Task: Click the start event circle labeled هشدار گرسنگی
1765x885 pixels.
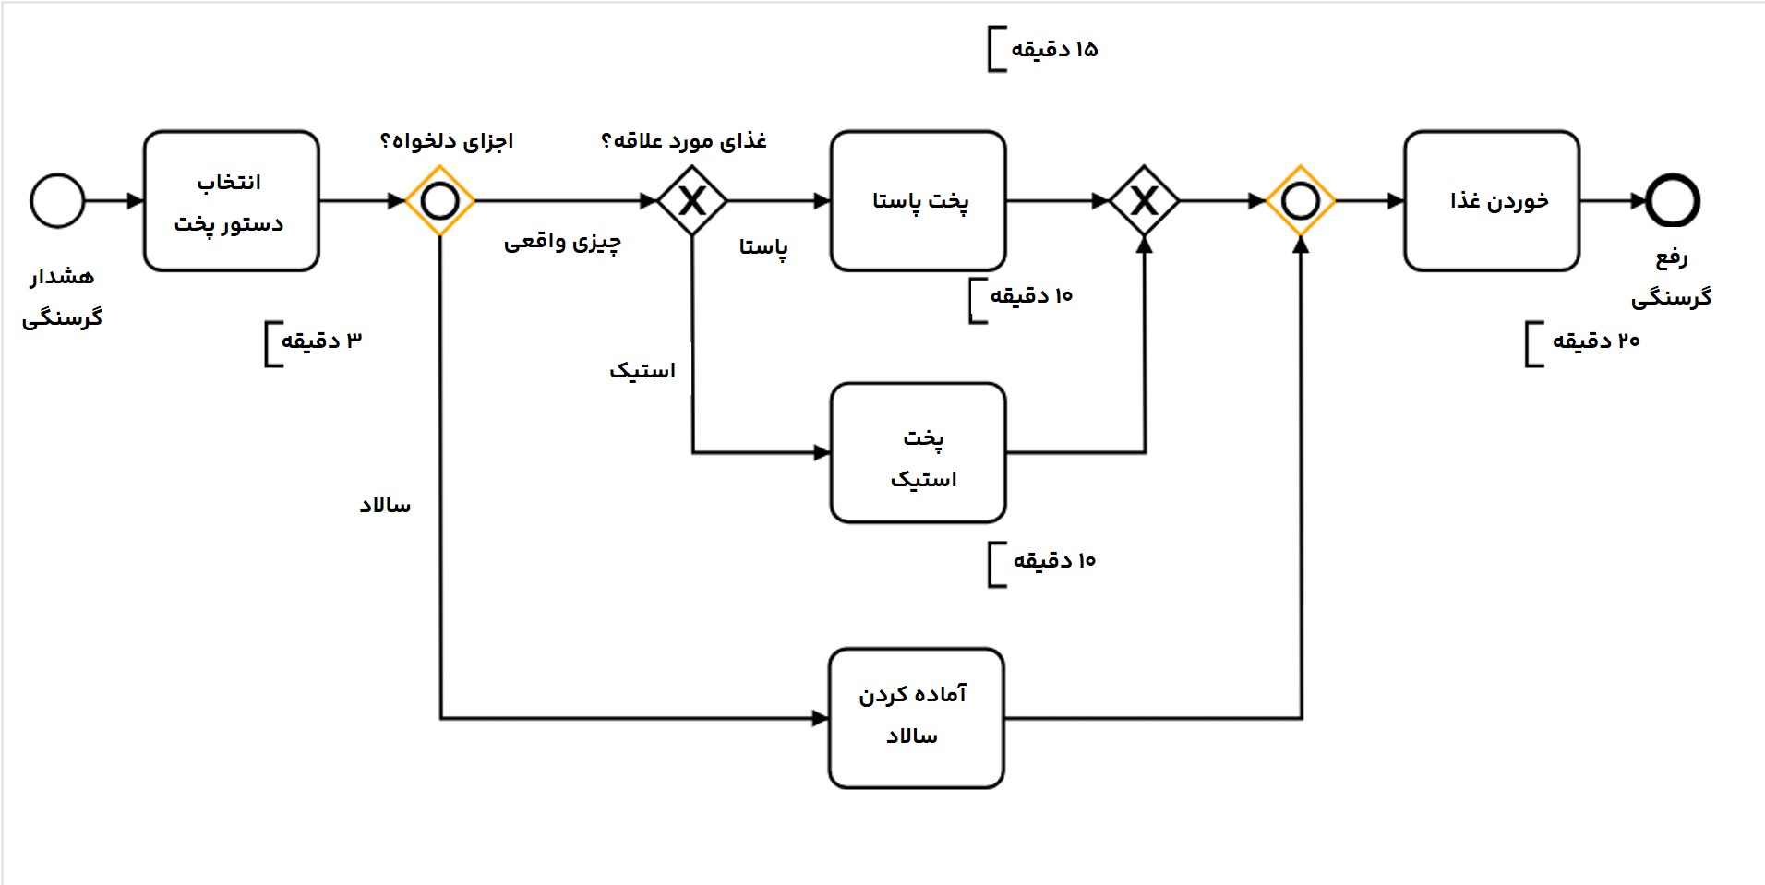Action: coord(57,200)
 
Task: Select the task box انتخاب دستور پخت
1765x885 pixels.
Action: coord(231,201)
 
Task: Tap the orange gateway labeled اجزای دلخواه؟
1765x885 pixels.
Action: coord(440,200)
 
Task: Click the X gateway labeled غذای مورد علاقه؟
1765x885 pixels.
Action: coord(692,200)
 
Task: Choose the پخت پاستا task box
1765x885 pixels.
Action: coord(918,201)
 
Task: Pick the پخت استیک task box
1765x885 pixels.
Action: coord(918,453)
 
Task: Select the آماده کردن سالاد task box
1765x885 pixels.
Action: coord(916,718)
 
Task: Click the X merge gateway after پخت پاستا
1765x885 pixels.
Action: coord(1144,200)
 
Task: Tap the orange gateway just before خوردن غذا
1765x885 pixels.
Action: coord(1301,200)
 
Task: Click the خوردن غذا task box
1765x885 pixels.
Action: coord(1492,201)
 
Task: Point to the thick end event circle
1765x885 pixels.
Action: coord(1673,200)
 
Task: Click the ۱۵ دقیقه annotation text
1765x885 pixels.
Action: coord(1054,50)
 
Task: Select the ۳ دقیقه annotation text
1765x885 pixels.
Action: coord(321,341)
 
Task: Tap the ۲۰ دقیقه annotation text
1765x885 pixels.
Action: coord(1595,341)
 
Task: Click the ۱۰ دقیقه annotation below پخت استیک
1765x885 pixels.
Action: coord(1054,561)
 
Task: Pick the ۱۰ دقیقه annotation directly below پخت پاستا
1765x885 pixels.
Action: coord(1031,296)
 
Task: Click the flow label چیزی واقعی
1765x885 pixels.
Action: coord(562,243)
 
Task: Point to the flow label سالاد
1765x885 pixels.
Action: coord(385,506)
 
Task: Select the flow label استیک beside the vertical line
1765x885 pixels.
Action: coord(642,371)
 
